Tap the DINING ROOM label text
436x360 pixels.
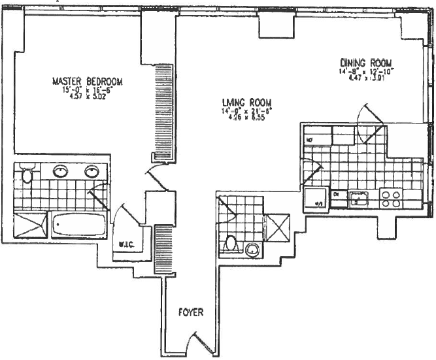(x=366, y=63)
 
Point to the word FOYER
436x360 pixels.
(x=191, y=312)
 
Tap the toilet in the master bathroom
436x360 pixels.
(x=27, y=174)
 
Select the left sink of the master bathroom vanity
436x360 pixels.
(x=61, y=171)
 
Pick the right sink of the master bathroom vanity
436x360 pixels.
(x=91, y=171)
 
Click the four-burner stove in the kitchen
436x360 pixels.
(x=391, y=197)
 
